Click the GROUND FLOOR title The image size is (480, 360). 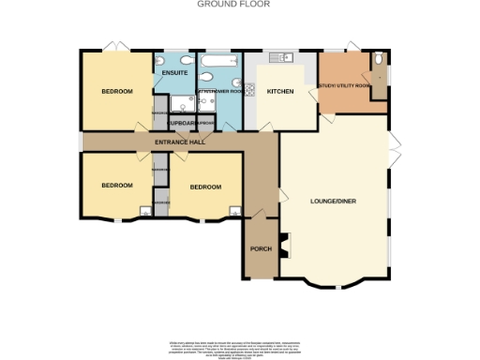[233, 4]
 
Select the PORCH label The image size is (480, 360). [261, 249]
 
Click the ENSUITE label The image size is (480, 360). [173, 72]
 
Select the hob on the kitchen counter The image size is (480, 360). [250, 91]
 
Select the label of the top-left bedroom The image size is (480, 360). [117, 92]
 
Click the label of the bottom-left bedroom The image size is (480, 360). [117, 186]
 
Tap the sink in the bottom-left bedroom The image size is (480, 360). [145, 210]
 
